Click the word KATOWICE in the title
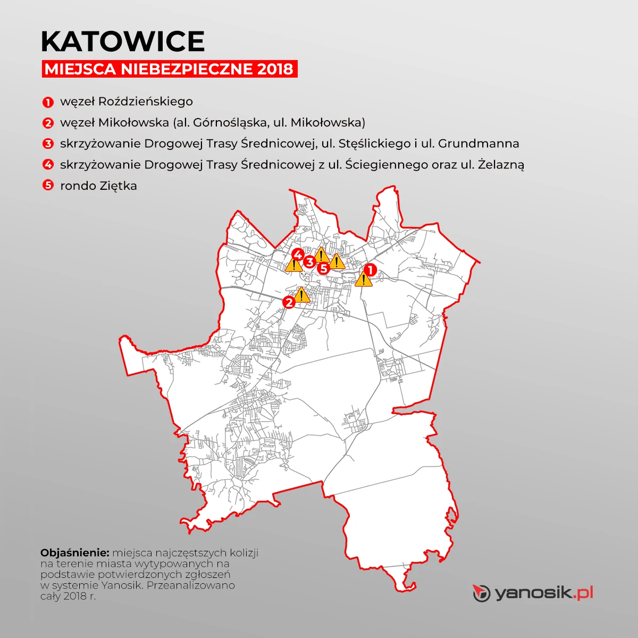click(123, 41)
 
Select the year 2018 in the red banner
click(274, 69)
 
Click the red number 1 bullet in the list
click(48, 102)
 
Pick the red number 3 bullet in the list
click(48, 144)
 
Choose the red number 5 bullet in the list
click(48, 186)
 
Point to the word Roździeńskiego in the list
click(146, 102)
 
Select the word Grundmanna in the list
click(478, 144)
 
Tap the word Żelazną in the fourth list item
click(501, 165)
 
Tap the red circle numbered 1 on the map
click(370, 270)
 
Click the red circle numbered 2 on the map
click(289, 302)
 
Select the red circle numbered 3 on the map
click(309, 261)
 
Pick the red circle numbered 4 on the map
click(298, 254)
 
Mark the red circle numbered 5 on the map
click(323, 268)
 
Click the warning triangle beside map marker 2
click(301, 295)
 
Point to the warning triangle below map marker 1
click(364, 279)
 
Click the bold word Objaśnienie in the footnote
click(74, 552)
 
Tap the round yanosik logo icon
click(481, 593)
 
